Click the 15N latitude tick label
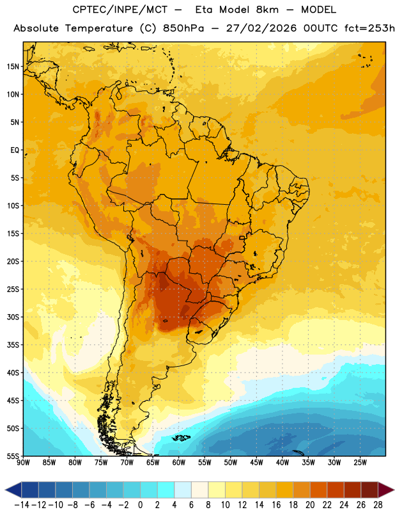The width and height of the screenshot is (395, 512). coord(13,67)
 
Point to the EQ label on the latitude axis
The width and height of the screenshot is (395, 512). coord(15,150)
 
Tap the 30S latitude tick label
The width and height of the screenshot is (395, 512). coord(13,317)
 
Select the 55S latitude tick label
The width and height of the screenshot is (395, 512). coord(13,456)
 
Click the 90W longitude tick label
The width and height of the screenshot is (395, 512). coord(23,463)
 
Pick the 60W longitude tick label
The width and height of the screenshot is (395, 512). coord(179,463)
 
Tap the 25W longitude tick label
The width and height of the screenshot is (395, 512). coord(360,463)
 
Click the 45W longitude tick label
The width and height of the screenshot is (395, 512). coord(256,463)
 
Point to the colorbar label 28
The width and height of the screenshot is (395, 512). coord(378,505)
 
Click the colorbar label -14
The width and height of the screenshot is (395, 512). coord(22,505)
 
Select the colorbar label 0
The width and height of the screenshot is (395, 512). coord(141,505)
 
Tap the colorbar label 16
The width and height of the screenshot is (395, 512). coord(276,505)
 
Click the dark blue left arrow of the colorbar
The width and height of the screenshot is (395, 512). coord(13,490)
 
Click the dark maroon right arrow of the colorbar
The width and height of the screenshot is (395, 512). coord(386,490)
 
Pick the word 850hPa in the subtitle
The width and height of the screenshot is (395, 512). coord(183,28)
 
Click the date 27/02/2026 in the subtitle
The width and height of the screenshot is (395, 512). coord(261,28)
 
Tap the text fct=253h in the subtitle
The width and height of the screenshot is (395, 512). coord(369,28)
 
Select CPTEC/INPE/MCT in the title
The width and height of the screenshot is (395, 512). coord(120,10)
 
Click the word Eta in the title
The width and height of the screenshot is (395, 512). coord(204,10)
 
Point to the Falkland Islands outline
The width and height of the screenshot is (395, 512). coord(181,438)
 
